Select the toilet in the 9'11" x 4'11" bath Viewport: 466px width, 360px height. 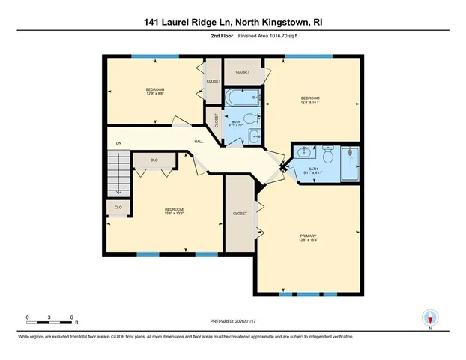(x=327, y=154)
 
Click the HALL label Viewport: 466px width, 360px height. (x=199, y=141)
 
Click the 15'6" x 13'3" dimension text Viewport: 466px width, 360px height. (x=174, y=214)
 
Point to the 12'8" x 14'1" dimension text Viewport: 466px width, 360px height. (x=310, y=102)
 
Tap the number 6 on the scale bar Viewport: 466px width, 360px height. (x=70, y=316)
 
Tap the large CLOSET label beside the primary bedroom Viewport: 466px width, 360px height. (x=240, y=214)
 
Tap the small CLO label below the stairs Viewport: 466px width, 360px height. (x=118, y=206)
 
